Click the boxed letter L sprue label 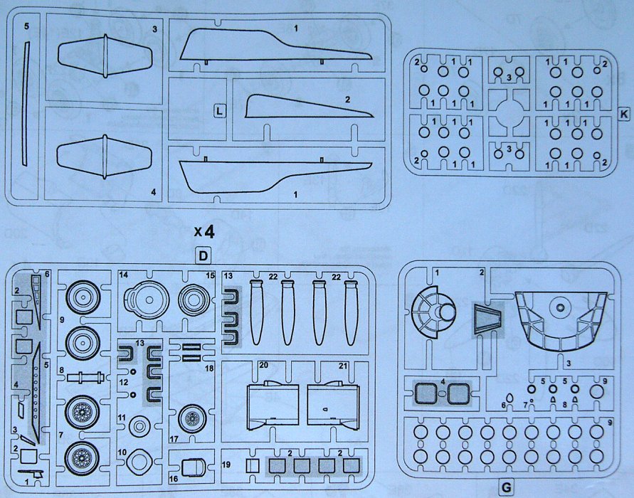coord(221,110)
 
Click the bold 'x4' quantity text coord(204,231)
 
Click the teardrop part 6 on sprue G coord(510,399)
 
